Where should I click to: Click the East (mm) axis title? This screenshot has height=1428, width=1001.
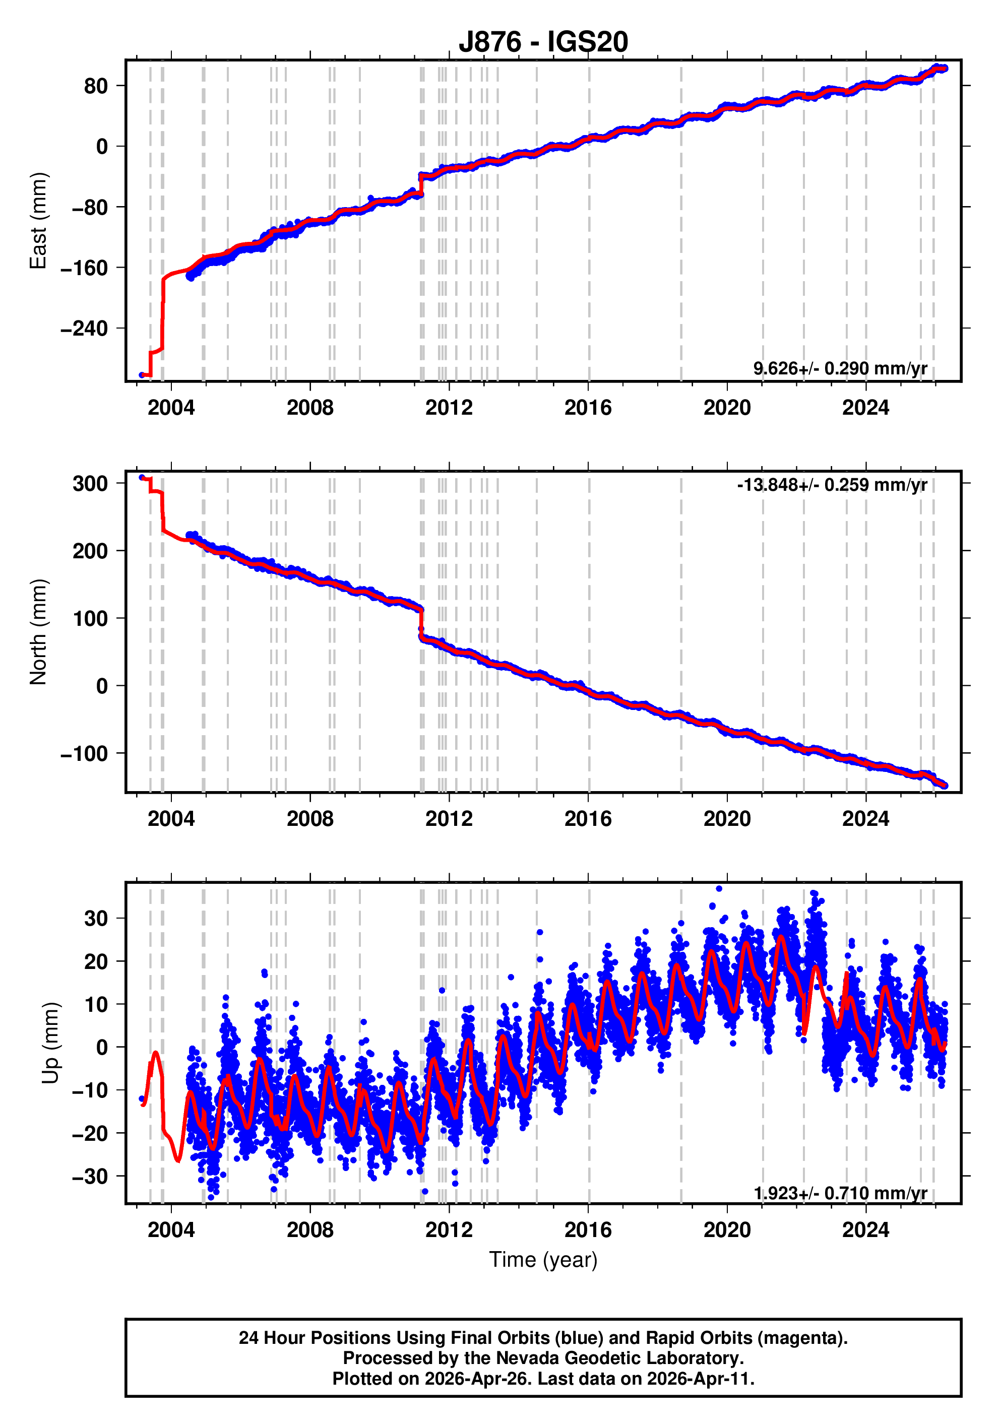click(x=39, y=221)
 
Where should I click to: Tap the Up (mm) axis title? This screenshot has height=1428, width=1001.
click(x=51, y=1043)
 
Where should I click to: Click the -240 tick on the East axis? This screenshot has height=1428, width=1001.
click(x=84, y=329)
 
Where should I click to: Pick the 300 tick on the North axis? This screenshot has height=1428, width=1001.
click(x=90, y=483)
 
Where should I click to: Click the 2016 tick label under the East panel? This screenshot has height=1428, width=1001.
click(x=587, y=408)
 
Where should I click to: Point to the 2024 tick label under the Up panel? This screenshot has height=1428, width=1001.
click(x=865, y=1229)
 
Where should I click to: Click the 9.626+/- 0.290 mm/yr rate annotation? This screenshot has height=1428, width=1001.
click(x=840, y=368)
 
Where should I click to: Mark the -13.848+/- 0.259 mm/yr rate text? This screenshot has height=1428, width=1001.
click(x=832, y=485)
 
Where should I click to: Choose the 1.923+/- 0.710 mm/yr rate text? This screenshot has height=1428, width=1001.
click(x=840, y=1193)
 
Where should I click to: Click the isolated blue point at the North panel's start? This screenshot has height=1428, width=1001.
click(x=142, y=478)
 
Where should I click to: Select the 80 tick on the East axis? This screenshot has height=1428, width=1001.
click(x=96, y=86)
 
